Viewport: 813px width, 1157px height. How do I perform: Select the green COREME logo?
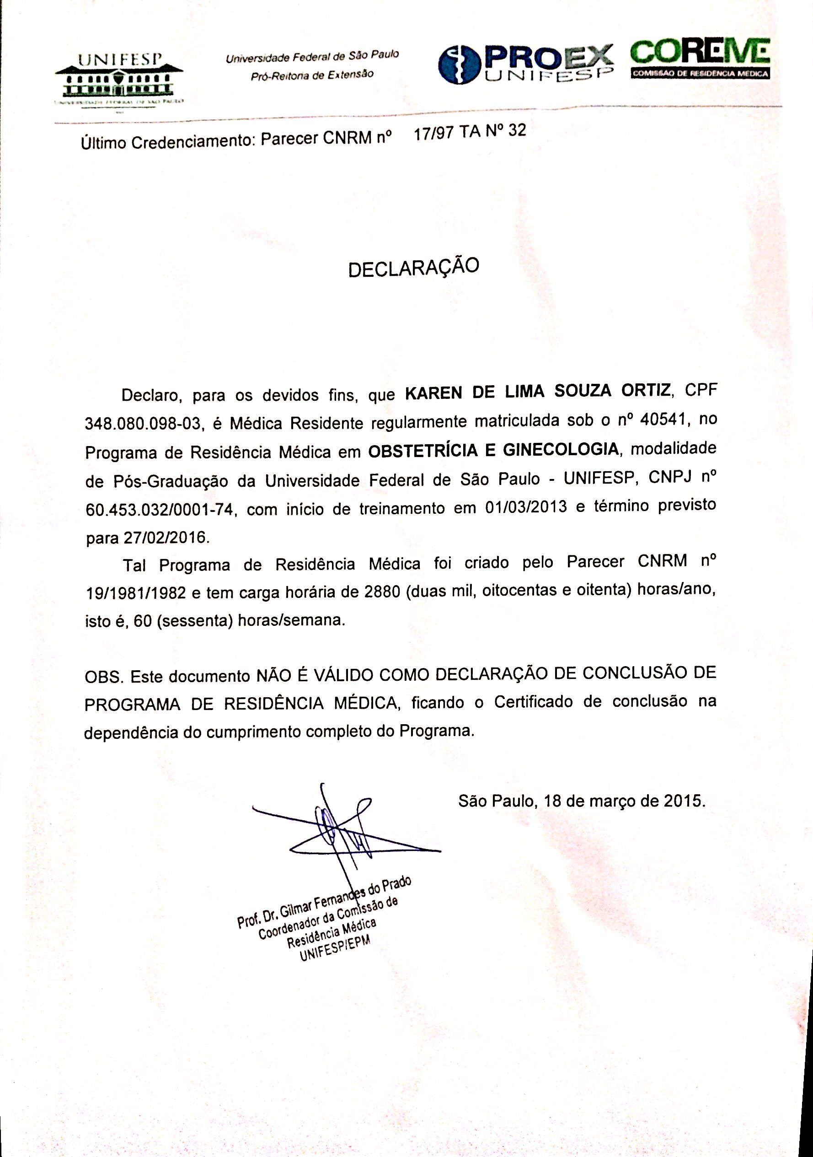[x=700, y=58]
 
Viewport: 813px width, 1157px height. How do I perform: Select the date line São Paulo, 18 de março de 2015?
[x=582, y=801]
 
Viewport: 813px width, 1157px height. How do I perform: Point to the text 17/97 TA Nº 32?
[x=470, y=132]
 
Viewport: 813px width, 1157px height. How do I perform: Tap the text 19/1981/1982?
[x=136, y=594]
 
